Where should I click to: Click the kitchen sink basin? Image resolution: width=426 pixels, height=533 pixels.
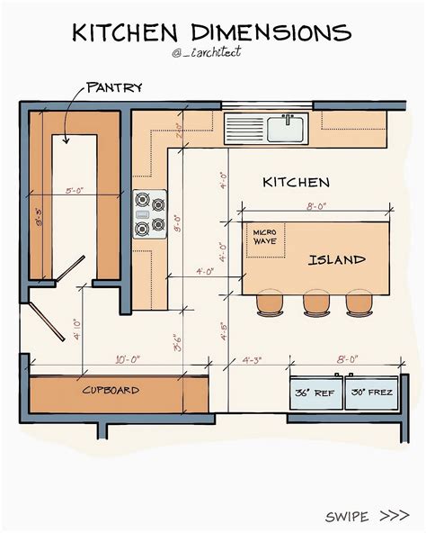pyautogui.click(x=288, y=130)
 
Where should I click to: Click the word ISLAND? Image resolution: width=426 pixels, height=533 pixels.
pyautogui.click(x=337, y=260)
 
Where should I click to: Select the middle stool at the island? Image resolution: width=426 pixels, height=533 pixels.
pyautogui.click(x=315, y=303)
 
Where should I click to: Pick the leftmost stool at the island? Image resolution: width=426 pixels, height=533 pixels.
pyautogui.click(x=270, y=303)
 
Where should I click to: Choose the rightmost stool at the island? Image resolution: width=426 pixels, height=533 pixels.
pyautogui.click(x=362, y=303)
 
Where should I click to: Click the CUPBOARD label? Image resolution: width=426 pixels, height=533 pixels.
pyautogui.click(x=111, y=391)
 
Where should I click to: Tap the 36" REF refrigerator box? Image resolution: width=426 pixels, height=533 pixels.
pyautogui.click(x=315, y=393)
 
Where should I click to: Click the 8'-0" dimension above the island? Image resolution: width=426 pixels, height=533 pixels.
pyautogui.click(x=316, y=206)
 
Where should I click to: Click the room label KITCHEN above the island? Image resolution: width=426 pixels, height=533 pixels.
pyautogui.click(x=296, y=182)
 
